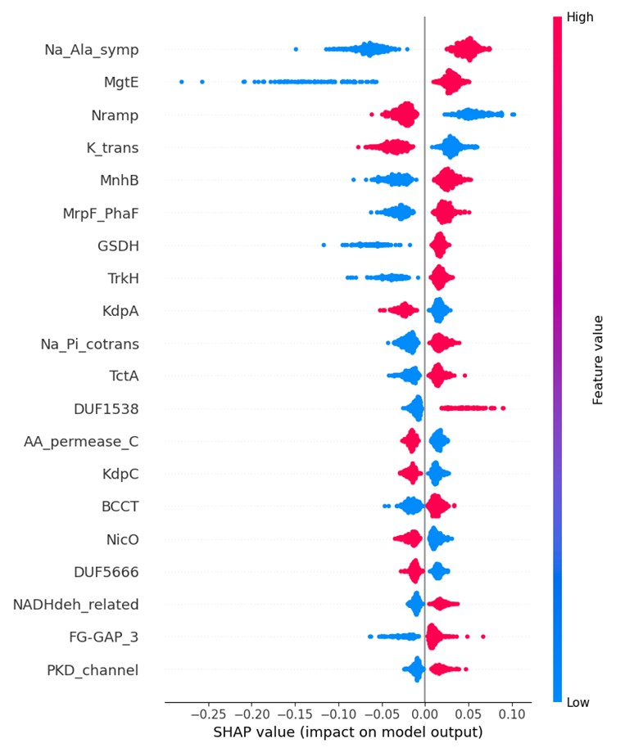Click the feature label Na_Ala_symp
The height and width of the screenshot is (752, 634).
(91, 50)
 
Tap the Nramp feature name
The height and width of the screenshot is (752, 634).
(116, 115)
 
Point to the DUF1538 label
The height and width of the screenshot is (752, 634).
(105, 409)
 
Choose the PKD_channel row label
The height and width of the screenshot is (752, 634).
(93, 670)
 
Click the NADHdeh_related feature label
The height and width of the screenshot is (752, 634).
(75, 605)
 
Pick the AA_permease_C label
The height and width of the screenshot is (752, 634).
(81, 442)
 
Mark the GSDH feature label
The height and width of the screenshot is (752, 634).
(118, 245)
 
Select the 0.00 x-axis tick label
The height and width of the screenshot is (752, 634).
(424, 713)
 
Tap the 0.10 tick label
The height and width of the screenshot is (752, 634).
(512, 713)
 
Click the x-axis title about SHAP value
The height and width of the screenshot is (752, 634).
(347, 731)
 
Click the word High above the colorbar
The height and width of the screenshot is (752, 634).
(580, 16)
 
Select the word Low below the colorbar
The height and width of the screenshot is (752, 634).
(578, 702)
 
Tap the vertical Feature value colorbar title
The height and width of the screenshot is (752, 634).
(598, 359)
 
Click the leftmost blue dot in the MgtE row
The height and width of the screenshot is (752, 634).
(182, 82)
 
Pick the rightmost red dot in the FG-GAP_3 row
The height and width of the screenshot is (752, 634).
(483, 637)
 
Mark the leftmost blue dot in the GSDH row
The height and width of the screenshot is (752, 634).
(324, 245)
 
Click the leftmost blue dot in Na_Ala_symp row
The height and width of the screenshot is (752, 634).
(296, 49)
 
